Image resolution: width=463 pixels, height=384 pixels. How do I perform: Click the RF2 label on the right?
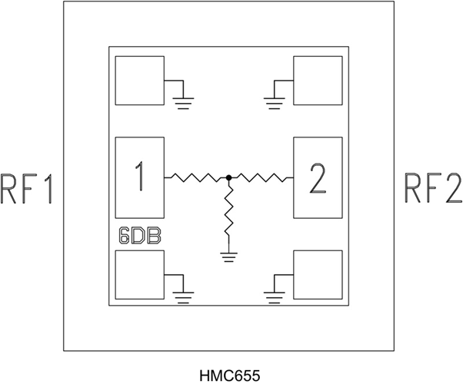click(432, 189)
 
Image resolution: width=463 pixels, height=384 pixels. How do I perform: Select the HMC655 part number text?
click(230, 375)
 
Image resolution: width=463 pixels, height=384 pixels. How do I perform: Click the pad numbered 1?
click(139, 177)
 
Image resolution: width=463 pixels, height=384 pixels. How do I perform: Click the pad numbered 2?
click(318, 177)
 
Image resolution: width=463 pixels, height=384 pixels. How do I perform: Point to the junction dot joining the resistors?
click(228, 177)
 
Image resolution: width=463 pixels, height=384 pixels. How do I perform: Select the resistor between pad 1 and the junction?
click(196, 177)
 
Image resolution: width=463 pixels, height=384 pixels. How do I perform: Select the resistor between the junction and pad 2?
click(261, 177)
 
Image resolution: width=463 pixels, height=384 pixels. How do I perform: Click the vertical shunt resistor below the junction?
click(228, 216)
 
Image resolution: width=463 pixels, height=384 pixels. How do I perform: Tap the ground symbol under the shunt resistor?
click(228, 257)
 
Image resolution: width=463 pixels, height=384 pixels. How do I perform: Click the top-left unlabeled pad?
click(139, 81)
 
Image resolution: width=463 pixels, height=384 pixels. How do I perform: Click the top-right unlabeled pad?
click(318, 81)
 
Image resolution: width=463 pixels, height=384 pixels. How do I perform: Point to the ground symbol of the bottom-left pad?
click(182, 293)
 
